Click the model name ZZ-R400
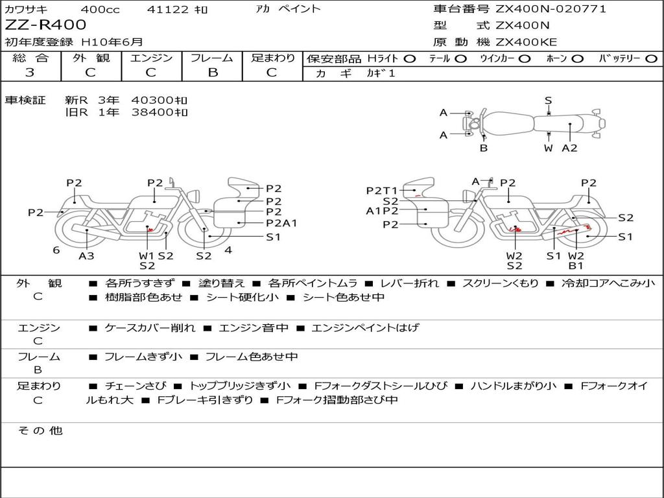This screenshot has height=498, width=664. click(x=45, y=25)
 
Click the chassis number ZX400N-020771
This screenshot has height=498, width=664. click(x=551, y=8)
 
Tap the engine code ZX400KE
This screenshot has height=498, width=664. click(x=526, y=42)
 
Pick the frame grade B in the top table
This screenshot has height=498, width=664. click(x=213, y=73)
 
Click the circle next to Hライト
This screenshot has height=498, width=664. click(x=410, y=59)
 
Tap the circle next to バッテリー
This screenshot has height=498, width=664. click(x=651, y=59)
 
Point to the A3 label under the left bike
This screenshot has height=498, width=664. click(x=86, y=255)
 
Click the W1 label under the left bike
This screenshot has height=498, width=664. click(x=147, y=255)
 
